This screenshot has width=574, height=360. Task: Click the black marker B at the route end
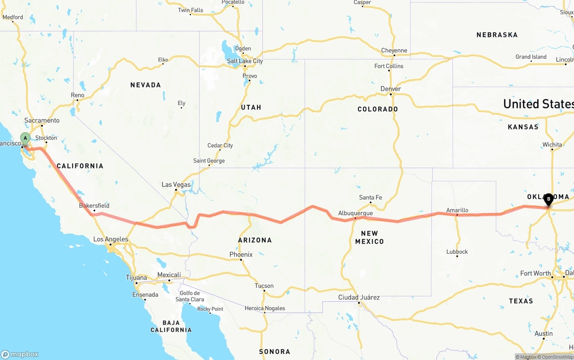[548, 199]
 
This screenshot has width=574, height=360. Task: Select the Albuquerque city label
[355, 213]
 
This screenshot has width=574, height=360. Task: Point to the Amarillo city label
[457, 210]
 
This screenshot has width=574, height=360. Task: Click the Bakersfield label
[94, 206]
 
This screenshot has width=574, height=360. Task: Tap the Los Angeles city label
[110, 239]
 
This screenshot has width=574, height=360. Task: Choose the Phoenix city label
[241, 254]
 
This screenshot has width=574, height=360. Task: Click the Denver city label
[390, 89]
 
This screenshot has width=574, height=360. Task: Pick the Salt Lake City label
[244, 61]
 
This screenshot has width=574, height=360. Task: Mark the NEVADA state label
[145, 85]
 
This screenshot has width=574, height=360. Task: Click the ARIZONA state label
[255, 240]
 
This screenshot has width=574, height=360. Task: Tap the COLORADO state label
[378, 109]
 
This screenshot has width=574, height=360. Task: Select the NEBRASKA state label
[497, 35]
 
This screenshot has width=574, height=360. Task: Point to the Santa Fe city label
[370, 197]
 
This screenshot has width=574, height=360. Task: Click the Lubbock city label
[457, 252]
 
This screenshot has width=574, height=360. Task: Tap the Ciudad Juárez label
[359, 297]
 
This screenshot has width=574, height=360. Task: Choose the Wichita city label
[552, 144]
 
